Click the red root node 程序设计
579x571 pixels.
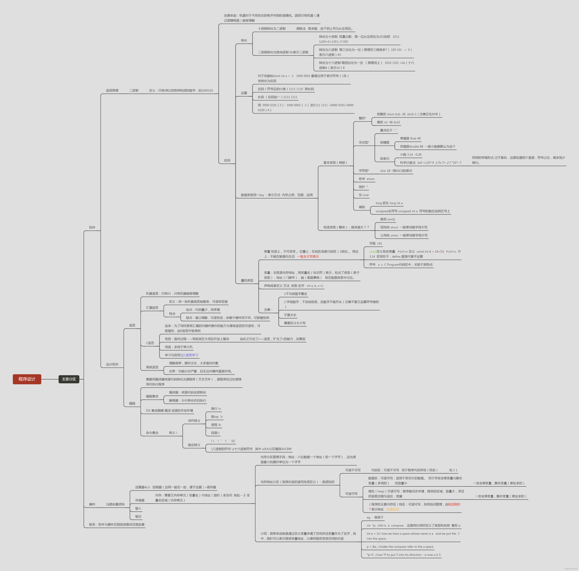27,379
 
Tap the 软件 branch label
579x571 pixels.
92,227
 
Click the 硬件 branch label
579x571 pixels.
92,504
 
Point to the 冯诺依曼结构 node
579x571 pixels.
115,504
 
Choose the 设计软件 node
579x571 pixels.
112,364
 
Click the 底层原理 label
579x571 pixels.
112,90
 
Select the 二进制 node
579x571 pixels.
134,90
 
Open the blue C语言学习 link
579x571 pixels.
191,355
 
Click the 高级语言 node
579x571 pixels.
152,367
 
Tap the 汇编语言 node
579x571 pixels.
152,307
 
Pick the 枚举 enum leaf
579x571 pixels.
366,179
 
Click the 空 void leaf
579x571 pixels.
364,195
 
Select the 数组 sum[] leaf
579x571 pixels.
387,219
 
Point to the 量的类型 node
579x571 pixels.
247,280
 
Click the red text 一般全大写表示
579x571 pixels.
308,256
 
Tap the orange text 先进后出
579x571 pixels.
393,509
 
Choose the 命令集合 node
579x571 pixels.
152,433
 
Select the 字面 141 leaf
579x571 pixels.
376,243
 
